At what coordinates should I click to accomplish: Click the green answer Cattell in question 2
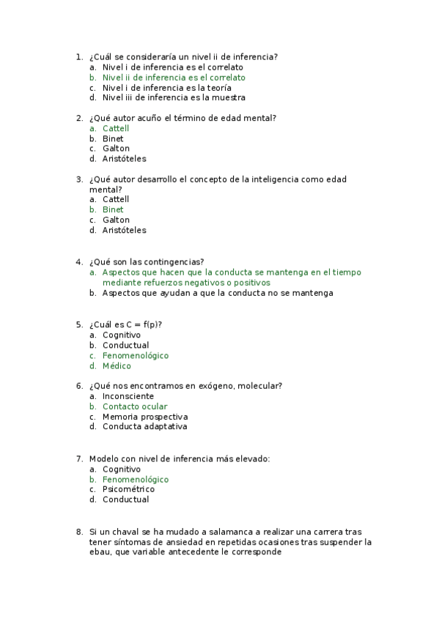[x=115, y=128]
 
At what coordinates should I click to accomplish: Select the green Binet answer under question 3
[x=113, y=209]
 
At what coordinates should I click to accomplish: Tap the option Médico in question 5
[x=117, y=366]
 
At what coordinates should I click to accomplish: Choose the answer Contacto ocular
[x=135, y=406]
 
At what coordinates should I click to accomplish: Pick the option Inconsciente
[x=128, y=396]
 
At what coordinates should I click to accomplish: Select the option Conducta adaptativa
[x=144, y=427]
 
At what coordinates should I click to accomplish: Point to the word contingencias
[x=171, y=262]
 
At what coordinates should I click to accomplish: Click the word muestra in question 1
[x=229, y=97]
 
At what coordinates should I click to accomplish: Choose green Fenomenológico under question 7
[x=136, y=480]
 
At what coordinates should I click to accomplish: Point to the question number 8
[x=78, y=532]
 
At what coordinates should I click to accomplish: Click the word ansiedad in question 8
[x=152, y=543]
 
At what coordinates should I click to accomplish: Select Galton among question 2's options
[x=116, y=149]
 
